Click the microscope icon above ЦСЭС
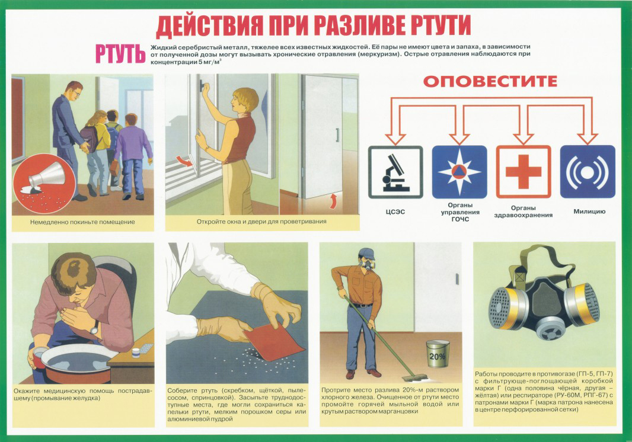[395, 172]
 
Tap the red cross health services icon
[523, 172]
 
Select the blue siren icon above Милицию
[588, 172]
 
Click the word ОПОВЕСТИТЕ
[490, 81]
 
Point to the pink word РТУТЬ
[120, 54]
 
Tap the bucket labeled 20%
[438, 353]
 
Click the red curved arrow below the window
[186, 162]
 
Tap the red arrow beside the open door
[333, 201]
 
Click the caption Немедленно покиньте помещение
[82, 222]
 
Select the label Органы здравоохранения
[523, 212]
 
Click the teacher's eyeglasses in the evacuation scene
[76, 92]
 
